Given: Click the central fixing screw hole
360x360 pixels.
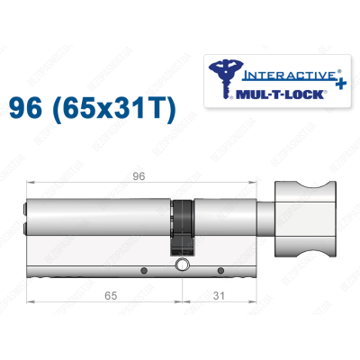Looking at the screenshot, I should click(184, 265).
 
